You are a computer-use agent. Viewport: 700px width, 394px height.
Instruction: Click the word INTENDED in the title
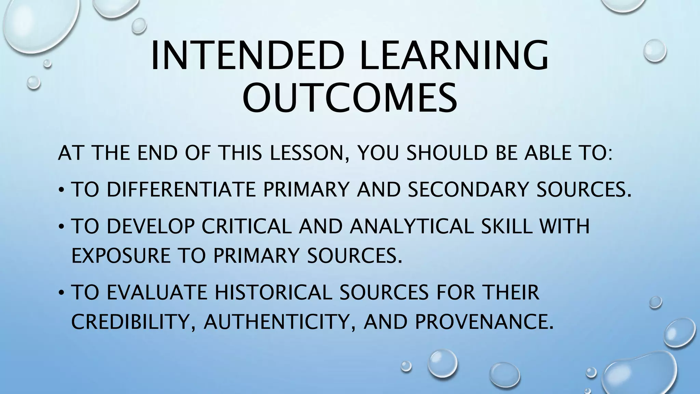click(x=247, y=56)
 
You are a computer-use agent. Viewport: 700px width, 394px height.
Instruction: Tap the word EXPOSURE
click(x=121, y=255)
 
